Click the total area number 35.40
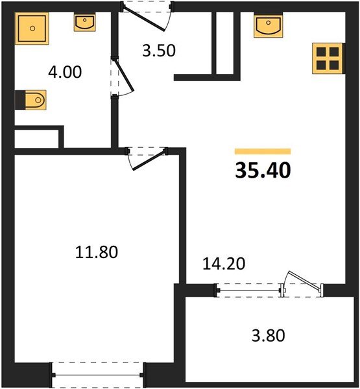(x=263, y=171)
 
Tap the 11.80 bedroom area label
(x=97, y=252)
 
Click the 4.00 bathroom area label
(x=64, y=73)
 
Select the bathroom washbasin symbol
(x=85, y=23)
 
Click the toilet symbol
(x=31, y=100)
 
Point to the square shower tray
(x=32, y=29)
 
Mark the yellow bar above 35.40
(x=263, y=151)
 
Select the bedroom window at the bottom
(x=97, y=375)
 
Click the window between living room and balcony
(x=250, y=290)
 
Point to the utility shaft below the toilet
(x=39, y=138)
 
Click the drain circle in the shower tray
(x=32, y=29)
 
